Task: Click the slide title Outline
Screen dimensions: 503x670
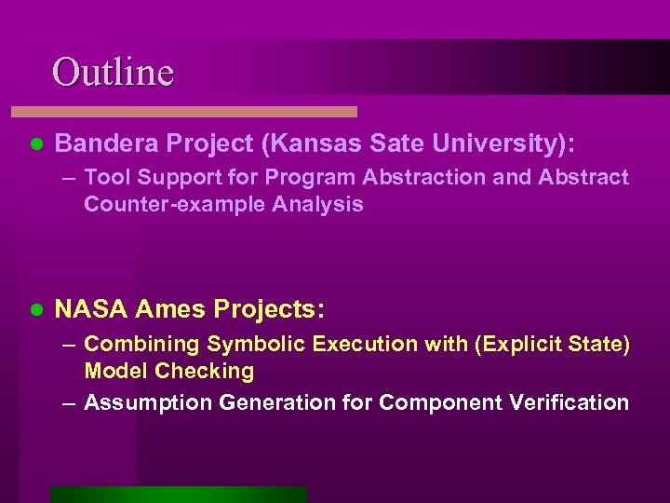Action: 113,72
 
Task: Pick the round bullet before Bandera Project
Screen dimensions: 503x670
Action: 36,144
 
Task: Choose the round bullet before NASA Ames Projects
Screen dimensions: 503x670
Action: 36,308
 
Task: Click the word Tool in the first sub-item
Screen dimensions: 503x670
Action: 106,177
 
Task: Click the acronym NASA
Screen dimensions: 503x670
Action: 92,307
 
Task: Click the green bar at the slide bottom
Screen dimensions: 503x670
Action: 178,494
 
